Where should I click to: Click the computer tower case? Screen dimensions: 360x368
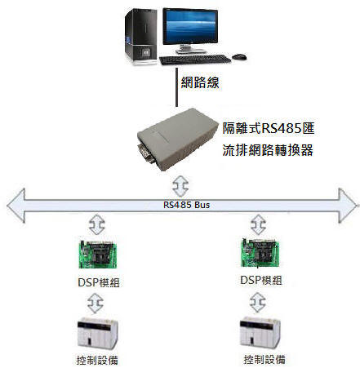[141, 37]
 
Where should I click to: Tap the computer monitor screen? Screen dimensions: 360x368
[190, 26]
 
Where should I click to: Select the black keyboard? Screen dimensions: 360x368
[195, 60]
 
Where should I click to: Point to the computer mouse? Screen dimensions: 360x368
[239, 56]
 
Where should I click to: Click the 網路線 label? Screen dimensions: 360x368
[200, 82]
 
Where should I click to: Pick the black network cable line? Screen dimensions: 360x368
[176, 87]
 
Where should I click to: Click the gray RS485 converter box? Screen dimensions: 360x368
[178, 139]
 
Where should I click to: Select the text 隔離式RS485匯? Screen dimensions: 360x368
[269, 128]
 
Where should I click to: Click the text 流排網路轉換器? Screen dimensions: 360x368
[268, 150]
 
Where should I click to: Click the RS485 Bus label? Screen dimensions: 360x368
[186, 205]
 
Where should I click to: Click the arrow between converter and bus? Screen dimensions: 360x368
[180, 186]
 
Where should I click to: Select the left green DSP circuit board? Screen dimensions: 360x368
[98, 255]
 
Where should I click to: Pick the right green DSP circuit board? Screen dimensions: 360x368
[260, 253]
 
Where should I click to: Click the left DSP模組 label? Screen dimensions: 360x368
[99, 282]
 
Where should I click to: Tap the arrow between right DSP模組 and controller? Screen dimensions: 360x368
[258, 303]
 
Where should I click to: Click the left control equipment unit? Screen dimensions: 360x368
[98, 333]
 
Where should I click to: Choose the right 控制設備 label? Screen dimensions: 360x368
[264, 359]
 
